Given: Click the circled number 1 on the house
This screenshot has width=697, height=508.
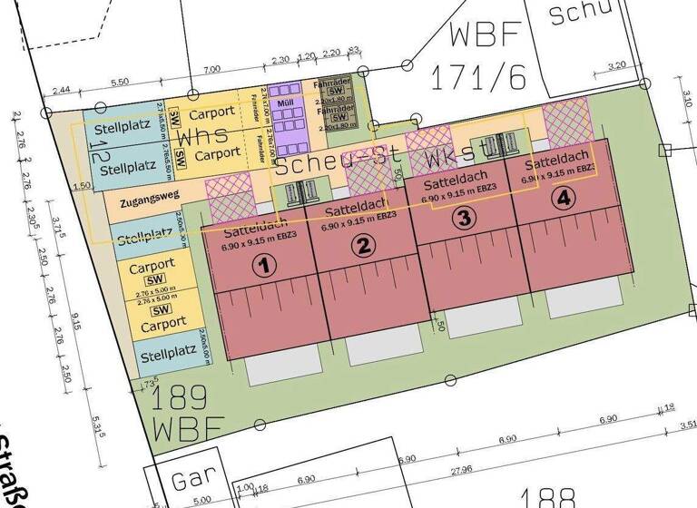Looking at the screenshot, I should [263, 266].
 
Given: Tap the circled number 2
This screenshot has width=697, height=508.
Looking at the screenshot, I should [363, 246].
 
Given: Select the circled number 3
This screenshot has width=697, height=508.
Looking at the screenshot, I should [464, 218].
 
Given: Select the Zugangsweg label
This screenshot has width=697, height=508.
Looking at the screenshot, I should [142, 194].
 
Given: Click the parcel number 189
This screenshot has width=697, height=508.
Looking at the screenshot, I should [182, 397].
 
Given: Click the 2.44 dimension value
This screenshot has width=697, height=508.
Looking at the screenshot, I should [62, 91].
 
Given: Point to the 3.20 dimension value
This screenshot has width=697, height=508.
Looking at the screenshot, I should [617, 65].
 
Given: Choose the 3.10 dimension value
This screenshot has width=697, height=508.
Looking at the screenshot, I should [687, 98].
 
